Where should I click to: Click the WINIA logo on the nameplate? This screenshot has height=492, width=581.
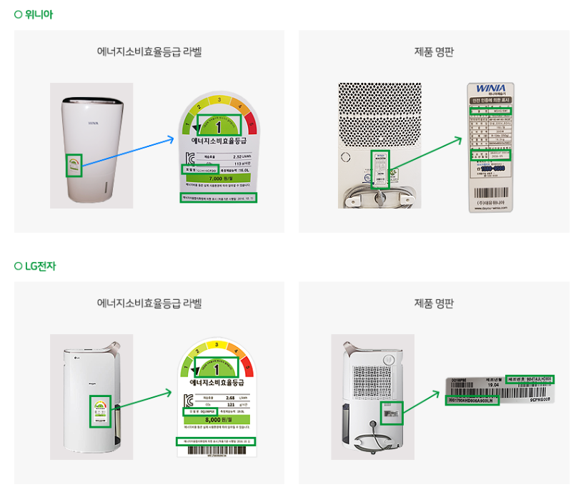490,89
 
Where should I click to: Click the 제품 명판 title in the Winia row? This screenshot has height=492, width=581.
434,51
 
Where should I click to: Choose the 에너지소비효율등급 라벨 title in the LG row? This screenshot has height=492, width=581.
149,303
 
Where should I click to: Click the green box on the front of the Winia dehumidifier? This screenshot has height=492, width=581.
74,165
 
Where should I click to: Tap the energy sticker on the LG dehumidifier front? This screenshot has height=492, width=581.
100,411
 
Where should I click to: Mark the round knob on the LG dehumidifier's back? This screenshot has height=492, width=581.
389,359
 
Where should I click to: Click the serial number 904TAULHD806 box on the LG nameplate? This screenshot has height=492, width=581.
530,378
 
